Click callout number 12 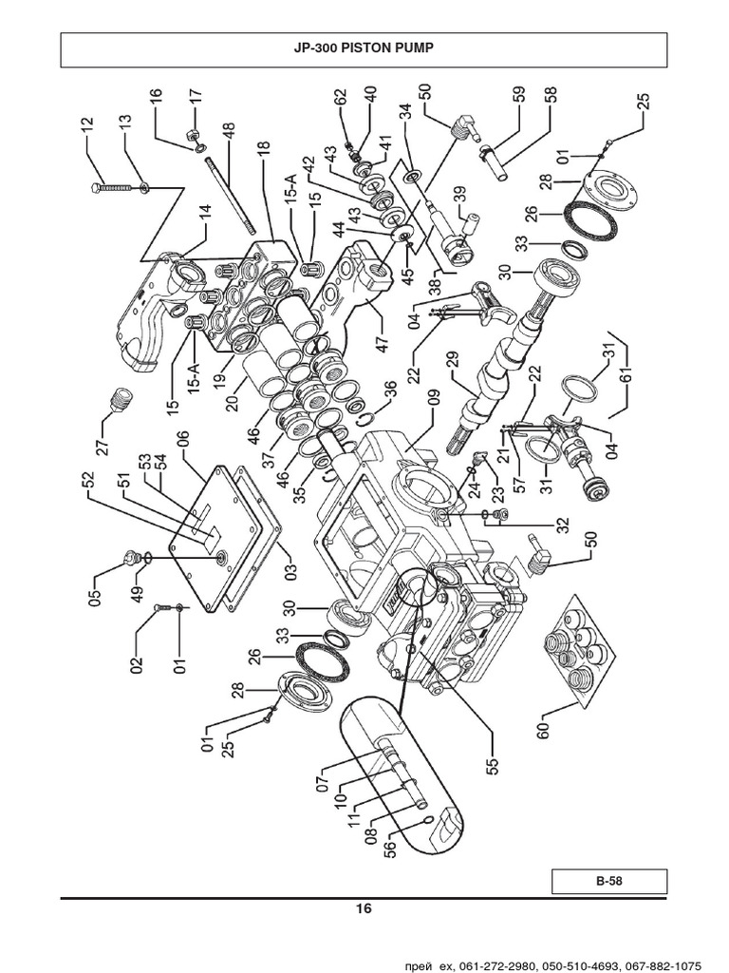click(x=87, y=126)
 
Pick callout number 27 click(x=103, y=439)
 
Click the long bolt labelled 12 click(x=118, y=190)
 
